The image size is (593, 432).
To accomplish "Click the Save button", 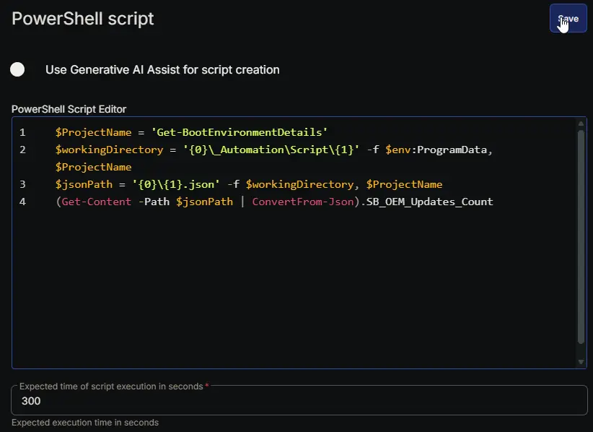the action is pos(568,18).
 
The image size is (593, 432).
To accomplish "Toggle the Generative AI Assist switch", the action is pos(17,69).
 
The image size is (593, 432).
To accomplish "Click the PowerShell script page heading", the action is pos(82,19).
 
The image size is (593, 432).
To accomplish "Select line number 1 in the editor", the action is pos(22,132).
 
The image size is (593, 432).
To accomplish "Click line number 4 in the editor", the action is pos(22,202).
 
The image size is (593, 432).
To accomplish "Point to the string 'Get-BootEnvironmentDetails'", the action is pos(240,132).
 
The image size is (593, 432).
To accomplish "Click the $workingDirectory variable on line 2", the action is pos(110,150).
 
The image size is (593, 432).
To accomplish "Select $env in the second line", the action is pos(397,150).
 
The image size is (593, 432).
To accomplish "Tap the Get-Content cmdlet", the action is pos(97,202).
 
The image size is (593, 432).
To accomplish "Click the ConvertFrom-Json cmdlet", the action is pos(303,202).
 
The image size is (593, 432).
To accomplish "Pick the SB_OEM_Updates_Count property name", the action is pos(430,202).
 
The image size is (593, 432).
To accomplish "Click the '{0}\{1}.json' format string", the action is pos(176,184).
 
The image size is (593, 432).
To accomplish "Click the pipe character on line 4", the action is pos(242,202).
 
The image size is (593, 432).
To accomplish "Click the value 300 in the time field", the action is pos(31,401).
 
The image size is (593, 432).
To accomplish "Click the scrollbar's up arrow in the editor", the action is pos(581,124).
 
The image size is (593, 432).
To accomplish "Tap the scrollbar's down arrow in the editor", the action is pos(581,363).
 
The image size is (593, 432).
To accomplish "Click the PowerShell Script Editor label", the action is pos(69,109).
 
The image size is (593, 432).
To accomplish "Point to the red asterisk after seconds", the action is pos(207,386).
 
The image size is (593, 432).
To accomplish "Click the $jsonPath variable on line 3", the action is pos(84,184).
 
